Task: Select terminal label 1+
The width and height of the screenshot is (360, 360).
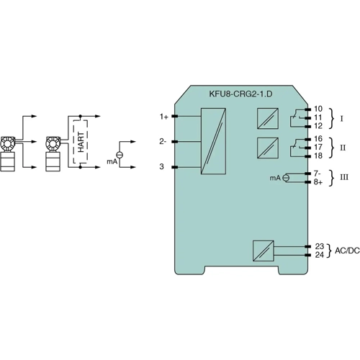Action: (x=163, y=116)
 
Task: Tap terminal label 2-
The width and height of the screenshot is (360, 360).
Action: (x=163, y=142)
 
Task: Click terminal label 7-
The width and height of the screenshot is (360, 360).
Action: (x=318, y=173)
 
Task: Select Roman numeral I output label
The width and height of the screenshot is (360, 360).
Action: (x=341, y=117)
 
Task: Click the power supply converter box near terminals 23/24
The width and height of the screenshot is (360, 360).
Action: (x=263, y=251)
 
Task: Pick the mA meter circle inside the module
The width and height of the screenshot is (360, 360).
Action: (x=287, y=177)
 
